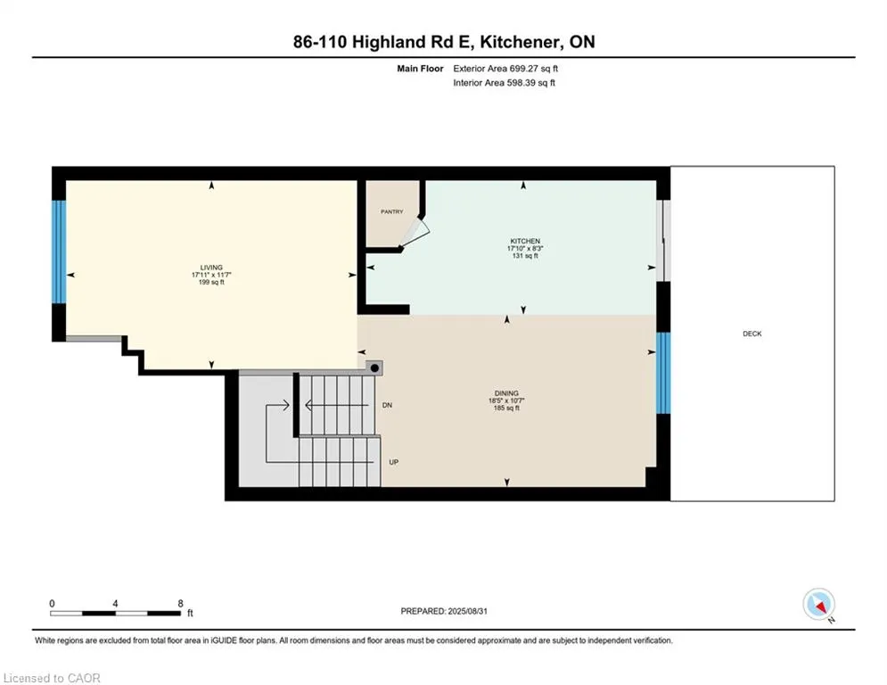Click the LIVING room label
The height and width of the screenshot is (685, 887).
(211, 267)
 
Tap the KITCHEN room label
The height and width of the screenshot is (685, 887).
(525, 242)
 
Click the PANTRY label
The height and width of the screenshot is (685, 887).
(391, 211)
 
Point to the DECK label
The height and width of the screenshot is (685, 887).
(751, 334)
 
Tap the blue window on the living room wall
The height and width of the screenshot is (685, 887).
(59, 252)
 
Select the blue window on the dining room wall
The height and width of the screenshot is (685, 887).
(662, 373)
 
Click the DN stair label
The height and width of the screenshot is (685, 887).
(387, 405)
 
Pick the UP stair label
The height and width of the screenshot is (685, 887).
(393, 462)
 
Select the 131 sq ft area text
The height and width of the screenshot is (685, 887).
(525, 256)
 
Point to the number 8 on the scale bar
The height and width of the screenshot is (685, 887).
(181, 603)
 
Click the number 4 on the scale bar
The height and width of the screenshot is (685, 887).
(116, 603)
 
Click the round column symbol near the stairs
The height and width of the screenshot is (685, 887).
(375, 367)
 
